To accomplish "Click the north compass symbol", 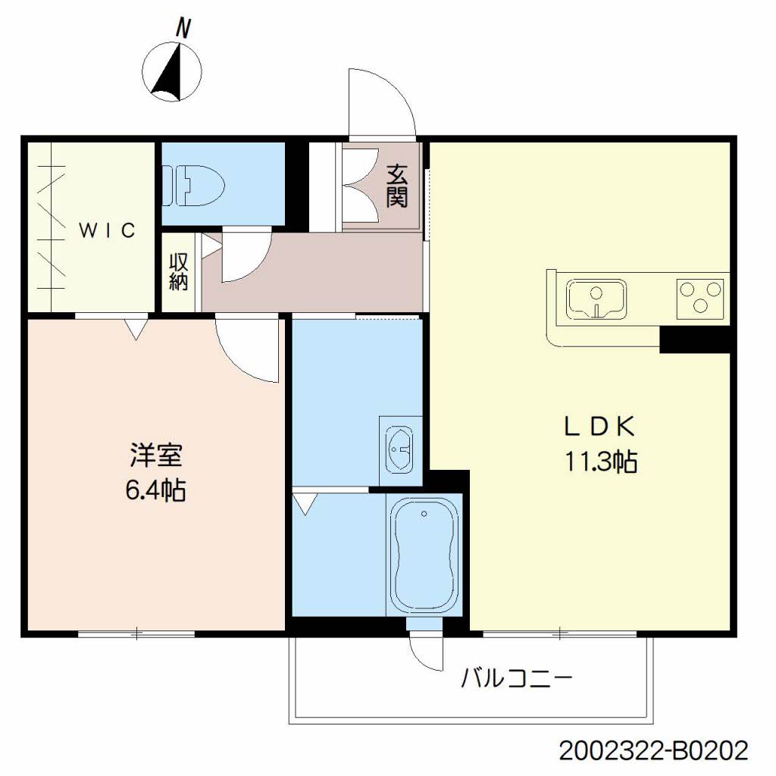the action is click(x=172, y=72).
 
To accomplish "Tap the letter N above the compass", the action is click(x=183, y=28).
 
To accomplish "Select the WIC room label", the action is click(x=108, y=230).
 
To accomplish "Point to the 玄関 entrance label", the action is click(x=397, y=185).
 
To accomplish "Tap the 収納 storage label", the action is click(x=179, y=272).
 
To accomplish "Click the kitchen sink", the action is click(x=597, y=299).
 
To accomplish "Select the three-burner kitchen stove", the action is click(x=700, y=299).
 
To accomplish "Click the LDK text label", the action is click(x=599, y=426).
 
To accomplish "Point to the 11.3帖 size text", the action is click(x=600, y=462).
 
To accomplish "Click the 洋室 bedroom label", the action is click(x=156, y=455).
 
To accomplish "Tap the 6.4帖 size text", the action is click(x=156, y=490).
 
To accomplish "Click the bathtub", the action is click(x=424, y=555).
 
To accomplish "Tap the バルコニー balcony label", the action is click(x=517, y=678).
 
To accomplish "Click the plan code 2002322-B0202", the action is click(x=654, y=750).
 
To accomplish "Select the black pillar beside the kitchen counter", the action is click(x=696, y=339).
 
